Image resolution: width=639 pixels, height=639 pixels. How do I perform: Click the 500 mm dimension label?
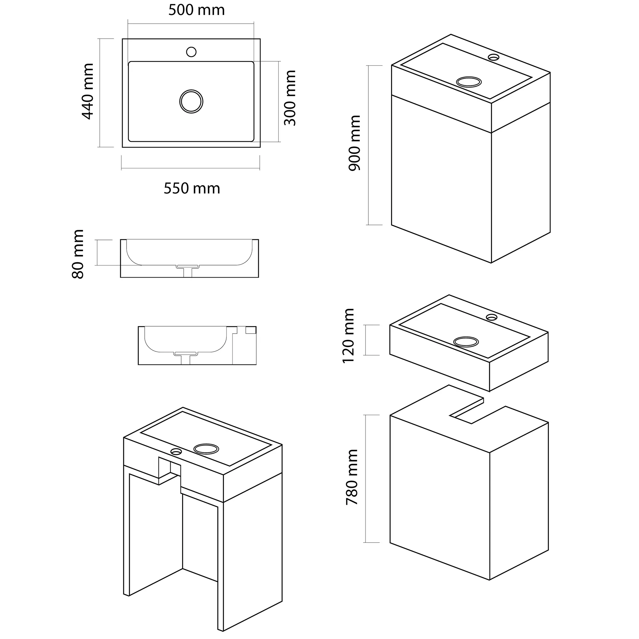tap(196, 10)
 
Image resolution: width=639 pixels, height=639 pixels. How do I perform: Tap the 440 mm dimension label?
tap(88, 91)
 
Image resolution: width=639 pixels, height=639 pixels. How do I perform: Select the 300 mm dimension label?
tap(290, 98)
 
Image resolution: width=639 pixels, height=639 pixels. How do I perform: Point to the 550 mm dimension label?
tap(192, 189)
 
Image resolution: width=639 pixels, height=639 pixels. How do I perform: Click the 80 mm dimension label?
tap(78, 254)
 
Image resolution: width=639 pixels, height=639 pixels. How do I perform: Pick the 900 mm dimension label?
tap(355, 143)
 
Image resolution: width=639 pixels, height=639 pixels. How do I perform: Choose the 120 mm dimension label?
tap(348, 336)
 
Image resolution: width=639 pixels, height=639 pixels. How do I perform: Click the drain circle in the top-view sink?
tap(191, 101)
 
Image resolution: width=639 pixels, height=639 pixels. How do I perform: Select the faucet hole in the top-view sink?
tap(191, 52)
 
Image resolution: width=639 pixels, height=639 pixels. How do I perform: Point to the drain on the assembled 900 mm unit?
tap(469, 82)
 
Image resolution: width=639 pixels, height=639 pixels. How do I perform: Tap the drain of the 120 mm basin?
tap(466, 342)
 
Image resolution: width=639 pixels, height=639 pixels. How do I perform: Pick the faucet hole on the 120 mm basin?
tap(491, 317)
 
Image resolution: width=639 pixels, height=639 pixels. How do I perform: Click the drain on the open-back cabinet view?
tap(206, 449)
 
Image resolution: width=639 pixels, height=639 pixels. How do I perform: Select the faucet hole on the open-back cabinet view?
tap(176, 451)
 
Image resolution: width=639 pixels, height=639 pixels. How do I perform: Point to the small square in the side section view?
tap(251, 330)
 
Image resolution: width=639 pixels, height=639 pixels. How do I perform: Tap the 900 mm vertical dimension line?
tap(368, 145)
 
